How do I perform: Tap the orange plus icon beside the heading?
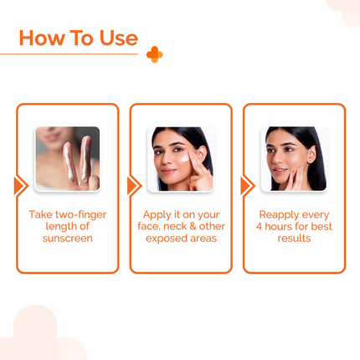point(154,54)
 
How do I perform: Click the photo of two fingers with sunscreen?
point(67,158)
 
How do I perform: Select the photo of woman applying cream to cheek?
point(180,158)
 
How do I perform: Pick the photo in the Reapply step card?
point(293,158)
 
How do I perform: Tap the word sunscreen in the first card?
point(67,239)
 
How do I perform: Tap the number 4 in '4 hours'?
point(260,227)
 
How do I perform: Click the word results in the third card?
point(294,239)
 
